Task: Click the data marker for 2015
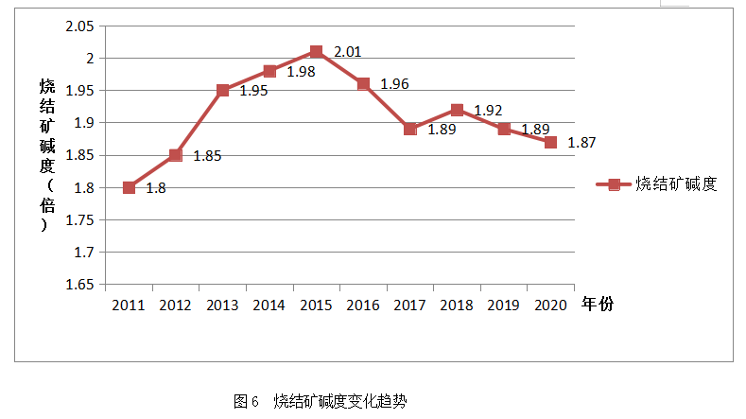pyautogui.click(x=316, y=52)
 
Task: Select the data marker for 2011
pyautogui.click(x=129, y=187)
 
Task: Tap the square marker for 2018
pyautogui.click(x=457, y=110)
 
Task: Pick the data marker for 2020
pyautogui.click(x=550, y=142)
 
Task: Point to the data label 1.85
pyautogui.click(x=207, y=156)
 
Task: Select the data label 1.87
pyautogui.click(x=581, y=143)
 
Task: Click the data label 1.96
pyautogui.click(x=394, y=84)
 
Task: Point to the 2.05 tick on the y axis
pyautogui.click(x=81, y=26)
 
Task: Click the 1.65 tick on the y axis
pyautogui.click(x=81, y=284)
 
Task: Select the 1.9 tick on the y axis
pyautogui.click(x=86, y=123)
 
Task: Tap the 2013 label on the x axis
pyautogui.click(x=222, y=305)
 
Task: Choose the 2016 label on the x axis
pyautogui.click(x=363, y=305)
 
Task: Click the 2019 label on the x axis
pyautogui.click(x=503, y=305)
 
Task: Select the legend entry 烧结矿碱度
pyautogui.click(x=677, y=184)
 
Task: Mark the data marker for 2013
pyautogui.click(x=222, y=91)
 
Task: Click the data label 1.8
pyautogui.click(x=156, y=188)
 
